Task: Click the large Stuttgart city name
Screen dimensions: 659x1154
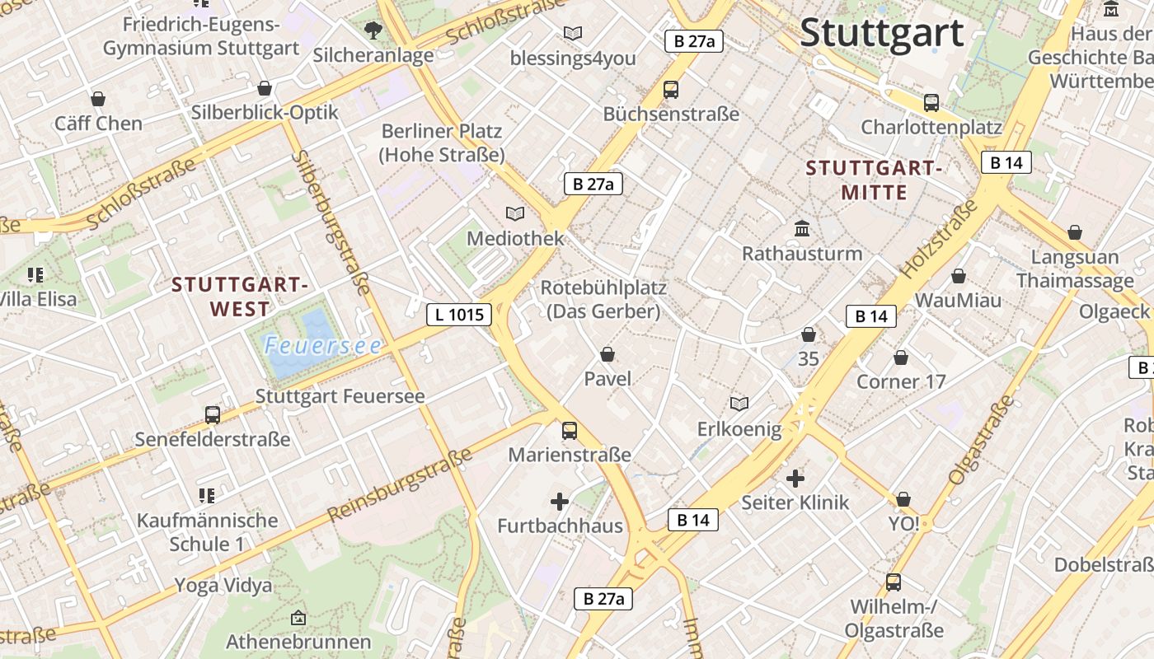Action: [881, 34]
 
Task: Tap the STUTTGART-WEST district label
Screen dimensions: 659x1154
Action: [239, 297]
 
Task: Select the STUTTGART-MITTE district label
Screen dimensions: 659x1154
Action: [874, 180]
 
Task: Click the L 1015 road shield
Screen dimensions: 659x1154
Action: [459, 314]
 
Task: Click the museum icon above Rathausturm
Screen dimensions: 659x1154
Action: [802, 228]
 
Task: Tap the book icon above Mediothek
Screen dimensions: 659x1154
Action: [515, 213]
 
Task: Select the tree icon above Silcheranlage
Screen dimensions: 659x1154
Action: [373, 30]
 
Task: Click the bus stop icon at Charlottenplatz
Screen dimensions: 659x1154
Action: [931, 103]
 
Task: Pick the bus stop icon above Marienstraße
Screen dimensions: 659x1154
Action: [569, 430]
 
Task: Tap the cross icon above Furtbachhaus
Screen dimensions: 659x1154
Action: [560, 501]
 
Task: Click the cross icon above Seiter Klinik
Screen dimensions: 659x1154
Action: [795, 478]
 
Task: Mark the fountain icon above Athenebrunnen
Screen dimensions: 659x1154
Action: [298, 617]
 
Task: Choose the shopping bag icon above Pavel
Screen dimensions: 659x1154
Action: [607, 354]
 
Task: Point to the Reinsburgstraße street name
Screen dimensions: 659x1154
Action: [400, 485]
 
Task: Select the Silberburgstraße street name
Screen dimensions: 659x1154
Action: [331, 222]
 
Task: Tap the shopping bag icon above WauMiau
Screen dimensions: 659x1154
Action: [958, 276]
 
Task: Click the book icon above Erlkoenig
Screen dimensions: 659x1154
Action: [739, 404]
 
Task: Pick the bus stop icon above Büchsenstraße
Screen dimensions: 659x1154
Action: [671, 90]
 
